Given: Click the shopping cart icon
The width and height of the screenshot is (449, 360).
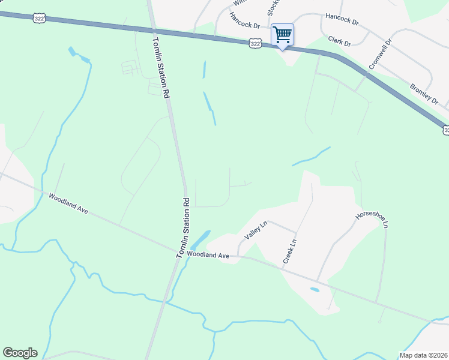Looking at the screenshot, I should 282,35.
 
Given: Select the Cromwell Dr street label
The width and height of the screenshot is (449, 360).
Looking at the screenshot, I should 379,54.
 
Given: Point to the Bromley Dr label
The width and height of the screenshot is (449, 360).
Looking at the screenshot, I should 424,92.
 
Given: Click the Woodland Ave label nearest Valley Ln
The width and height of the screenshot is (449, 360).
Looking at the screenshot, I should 208,255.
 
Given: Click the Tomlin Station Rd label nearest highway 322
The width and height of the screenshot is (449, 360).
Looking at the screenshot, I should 161,67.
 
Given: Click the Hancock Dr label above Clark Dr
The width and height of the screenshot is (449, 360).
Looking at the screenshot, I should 342,21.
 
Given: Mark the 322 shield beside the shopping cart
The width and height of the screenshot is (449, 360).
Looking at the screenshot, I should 256,43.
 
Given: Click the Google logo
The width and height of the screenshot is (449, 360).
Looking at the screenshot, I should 20,353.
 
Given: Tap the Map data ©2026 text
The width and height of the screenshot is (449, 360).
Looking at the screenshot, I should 424,355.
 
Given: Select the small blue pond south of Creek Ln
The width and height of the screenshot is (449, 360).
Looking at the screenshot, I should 315,290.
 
